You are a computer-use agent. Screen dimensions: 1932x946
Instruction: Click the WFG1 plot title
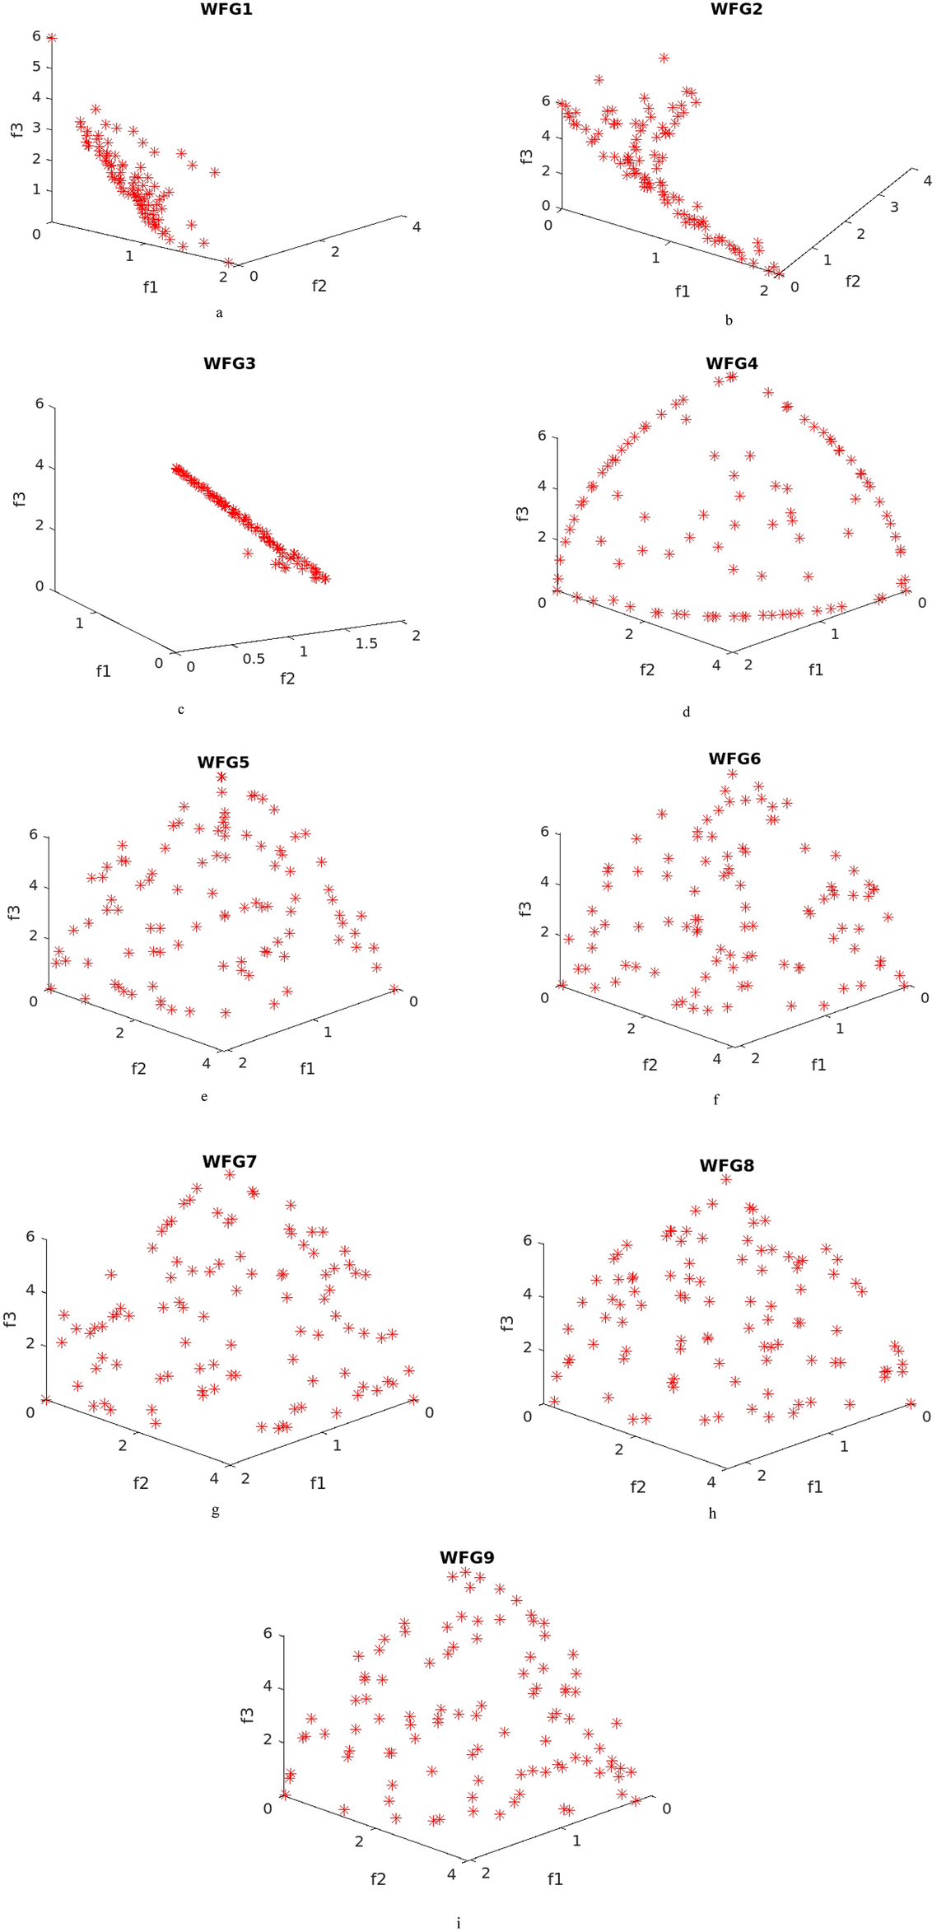[226, 10]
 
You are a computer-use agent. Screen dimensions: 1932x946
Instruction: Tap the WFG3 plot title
[229, 363]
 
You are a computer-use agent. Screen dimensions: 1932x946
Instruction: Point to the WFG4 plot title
[732, 363]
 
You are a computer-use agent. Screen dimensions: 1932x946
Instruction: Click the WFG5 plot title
[222, 762]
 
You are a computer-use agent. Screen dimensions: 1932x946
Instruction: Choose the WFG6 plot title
[734, 758]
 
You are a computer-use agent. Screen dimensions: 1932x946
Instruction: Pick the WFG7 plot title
[229, 1161]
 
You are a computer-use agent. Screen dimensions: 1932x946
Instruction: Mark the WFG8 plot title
[726, 1165]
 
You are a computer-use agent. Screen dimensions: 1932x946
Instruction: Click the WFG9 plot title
[466, 1557]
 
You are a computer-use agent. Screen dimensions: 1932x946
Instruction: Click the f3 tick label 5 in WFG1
[36, 67]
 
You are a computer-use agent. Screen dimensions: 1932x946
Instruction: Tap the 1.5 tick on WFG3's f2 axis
[366, 643]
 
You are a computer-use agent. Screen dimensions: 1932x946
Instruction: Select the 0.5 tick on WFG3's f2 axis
[254, 659]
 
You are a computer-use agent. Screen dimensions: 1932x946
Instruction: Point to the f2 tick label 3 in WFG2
[894, 207]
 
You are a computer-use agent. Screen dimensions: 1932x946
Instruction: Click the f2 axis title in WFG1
[319, 286]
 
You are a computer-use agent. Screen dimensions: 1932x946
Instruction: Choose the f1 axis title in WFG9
[555, 1879]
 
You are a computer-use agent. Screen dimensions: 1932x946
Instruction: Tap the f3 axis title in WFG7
[11, 1318]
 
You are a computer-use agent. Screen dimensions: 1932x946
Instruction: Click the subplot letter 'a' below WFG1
[219, 313]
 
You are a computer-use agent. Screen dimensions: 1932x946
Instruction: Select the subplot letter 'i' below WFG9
[459, 1923]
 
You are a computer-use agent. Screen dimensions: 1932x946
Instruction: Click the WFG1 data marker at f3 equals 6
[52, 38]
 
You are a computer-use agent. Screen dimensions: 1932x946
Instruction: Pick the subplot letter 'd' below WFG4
[687, 712]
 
